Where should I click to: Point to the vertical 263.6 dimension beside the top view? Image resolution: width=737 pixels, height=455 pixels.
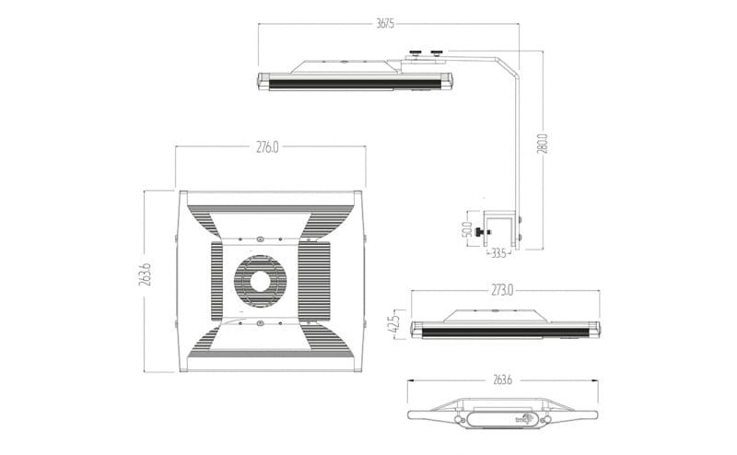click(146, 275)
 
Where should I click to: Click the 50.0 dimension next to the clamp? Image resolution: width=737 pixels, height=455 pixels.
click(467, 228)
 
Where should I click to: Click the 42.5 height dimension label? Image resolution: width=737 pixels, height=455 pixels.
click(394, 326)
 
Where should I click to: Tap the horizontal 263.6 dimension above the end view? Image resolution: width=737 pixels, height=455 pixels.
click(502, 379)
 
